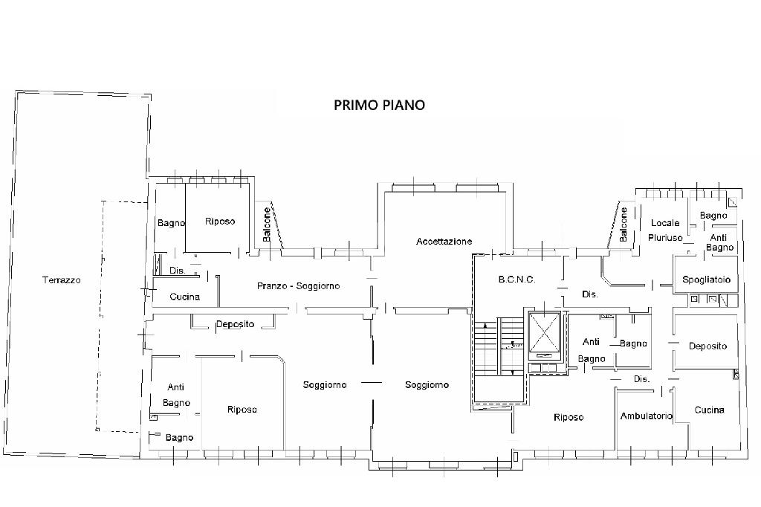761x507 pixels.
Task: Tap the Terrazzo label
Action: [62, 280]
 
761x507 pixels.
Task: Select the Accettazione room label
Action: [444, 242]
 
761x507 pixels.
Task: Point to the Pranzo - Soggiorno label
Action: [299, 286]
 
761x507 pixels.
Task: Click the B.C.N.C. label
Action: [517, 280]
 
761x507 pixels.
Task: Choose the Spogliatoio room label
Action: [706, 280]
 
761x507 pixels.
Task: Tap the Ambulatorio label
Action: [647, 416]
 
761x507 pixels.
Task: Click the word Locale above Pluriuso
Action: [665, 223]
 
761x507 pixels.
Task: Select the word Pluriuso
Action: [665, 238]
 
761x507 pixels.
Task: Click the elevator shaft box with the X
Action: [544, 332]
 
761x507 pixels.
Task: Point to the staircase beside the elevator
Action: [499, 347]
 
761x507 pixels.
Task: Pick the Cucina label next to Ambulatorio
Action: [709, 410]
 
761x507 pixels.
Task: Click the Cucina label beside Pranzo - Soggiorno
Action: [184, 296]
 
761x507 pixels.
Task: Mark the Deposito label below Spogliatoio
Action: [707, 346]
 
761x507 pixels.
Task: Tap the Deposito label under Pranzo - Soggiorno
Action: [235, 324]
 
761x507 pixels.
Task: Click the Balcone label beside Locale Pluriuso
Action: [624, 225]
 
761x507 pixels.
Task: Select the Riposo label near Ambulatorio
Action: [569, 417]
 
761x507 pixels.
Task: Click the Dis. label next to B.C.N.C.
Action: [589, 294]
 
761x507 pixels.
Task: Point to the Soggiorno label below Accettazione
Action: [427, 385]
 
